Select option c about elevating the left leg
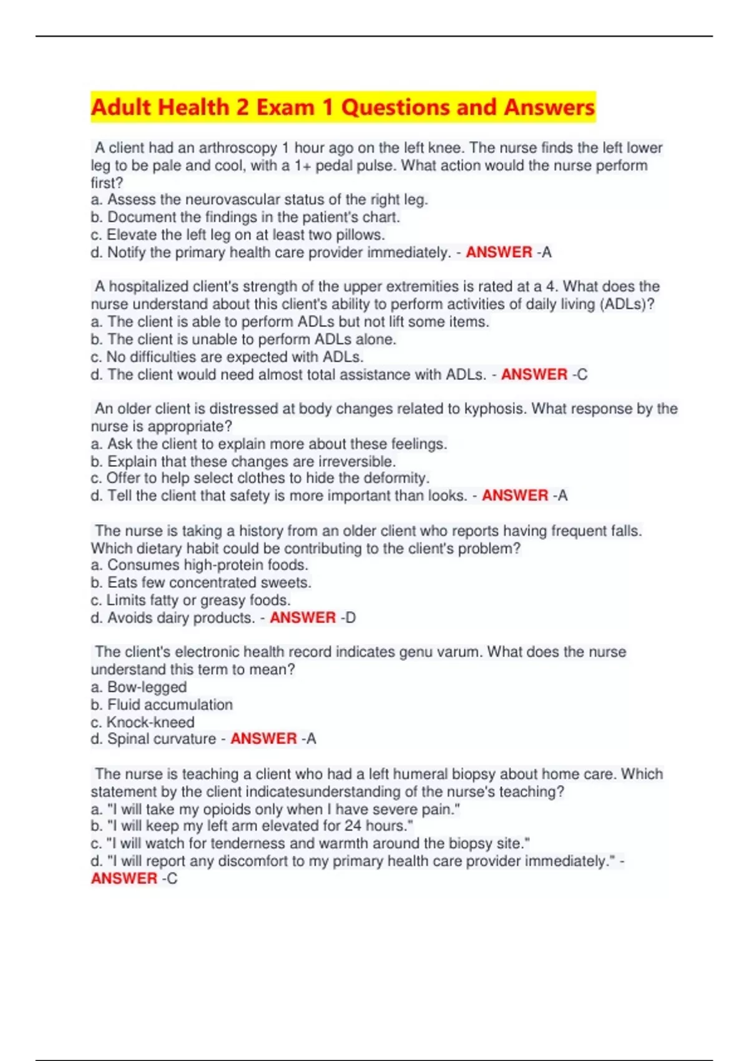click(238, 235)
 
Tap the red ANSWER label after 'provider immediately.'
click(499, 252)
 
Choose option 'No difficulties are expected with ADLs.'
click(227, 357)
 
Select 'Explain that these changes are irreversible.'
click(243, 461)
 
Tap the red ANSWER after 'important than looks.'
click(515, 496)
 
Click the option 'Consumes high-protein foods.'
click(200, 565)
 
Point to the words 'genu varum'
click(440, 652)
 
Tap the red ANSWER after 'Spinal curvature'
click(263, 739)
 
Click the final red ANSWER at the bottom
click(124, 879)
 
